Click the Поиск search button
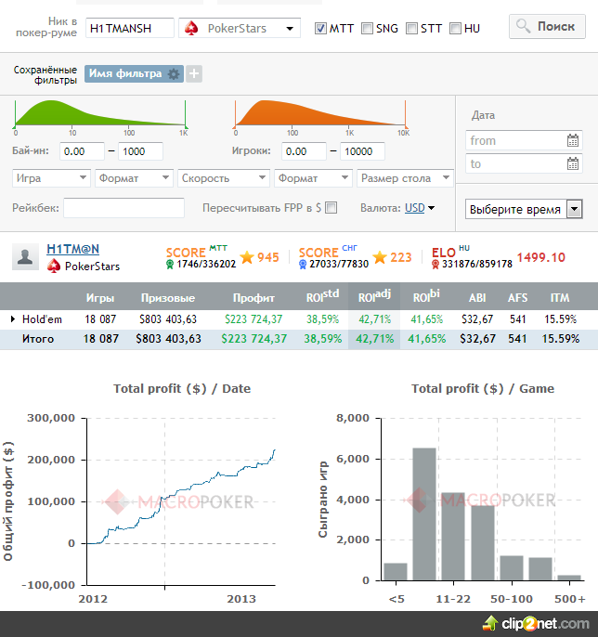click(x=547, y=26)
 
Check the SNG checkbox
click(x=367, y=29)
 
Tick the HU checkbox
click(x=455, y=29)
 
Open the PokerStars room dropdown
click(x=240, y=28)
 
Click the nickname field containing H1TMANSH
click(x=130, y=28)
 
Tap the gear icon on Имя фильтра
click(x=174, y=74)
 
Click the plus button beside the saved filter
click(x=194, y=74)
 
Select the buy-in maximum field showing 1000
click(x=140, y=151)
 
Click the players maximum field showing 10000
click(x=362, y=151)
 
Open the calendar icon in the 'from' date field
click(x=573, y=140)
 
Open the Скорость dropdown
click(x=224, y=178)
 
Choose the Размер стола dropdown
click(x=405, y=178)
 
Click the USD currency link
click(x=415, y=208)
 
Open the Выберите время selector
click(x=524, y=209)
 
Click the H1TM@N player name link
click(x=73, y=249)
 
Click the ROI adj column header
click(x=374, y=296)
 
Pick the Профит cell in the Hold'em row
click(x=253, y=319)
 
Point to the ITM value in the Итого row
click(x=561, y=339)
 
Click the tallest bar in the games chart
click(x=424, y=514)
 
